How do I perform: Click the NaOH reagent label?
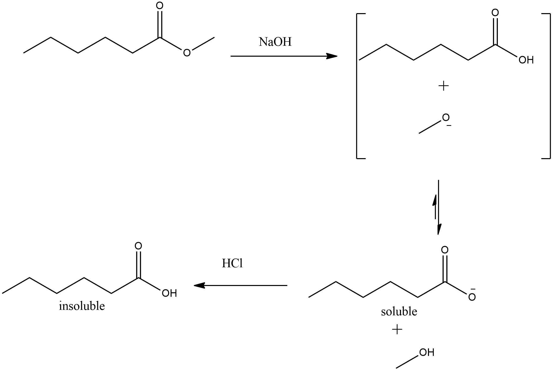[x=275, y=42]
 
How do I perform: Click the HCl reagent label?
[x=232, y=263]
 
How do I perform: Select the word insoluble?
[x=82, y=306]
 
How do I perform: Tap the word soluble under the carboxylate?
[x=399, y=311]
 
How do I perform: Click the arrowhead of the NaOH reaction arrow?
[x=332, y=56]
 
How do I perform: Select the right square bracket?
[x=550, y=86]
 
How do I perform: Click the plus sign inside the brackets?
[x=444, y=86]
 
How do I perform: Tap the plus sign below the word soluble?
[x=397, y=329]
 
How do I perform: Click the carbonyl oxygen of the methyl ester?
[x=160, y=6]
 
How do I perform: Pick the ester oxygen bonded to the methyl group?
[x=187, y=53]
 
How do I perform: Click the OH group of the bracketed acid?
[x=526, y=60]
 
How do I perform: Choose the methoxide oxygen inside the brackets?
[x=446, y=118]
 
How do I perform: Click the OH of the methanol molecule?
[x=427, y=352]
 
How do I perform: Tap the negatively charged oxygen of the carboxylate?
[x=472, y=297]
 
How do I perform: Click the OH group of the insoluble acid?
[x=169, y=293]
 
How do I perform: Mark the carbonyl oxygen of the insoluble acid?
[x=138, y=246]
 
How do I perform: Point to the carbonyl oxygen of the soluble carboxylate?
[x=445, y=250]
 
